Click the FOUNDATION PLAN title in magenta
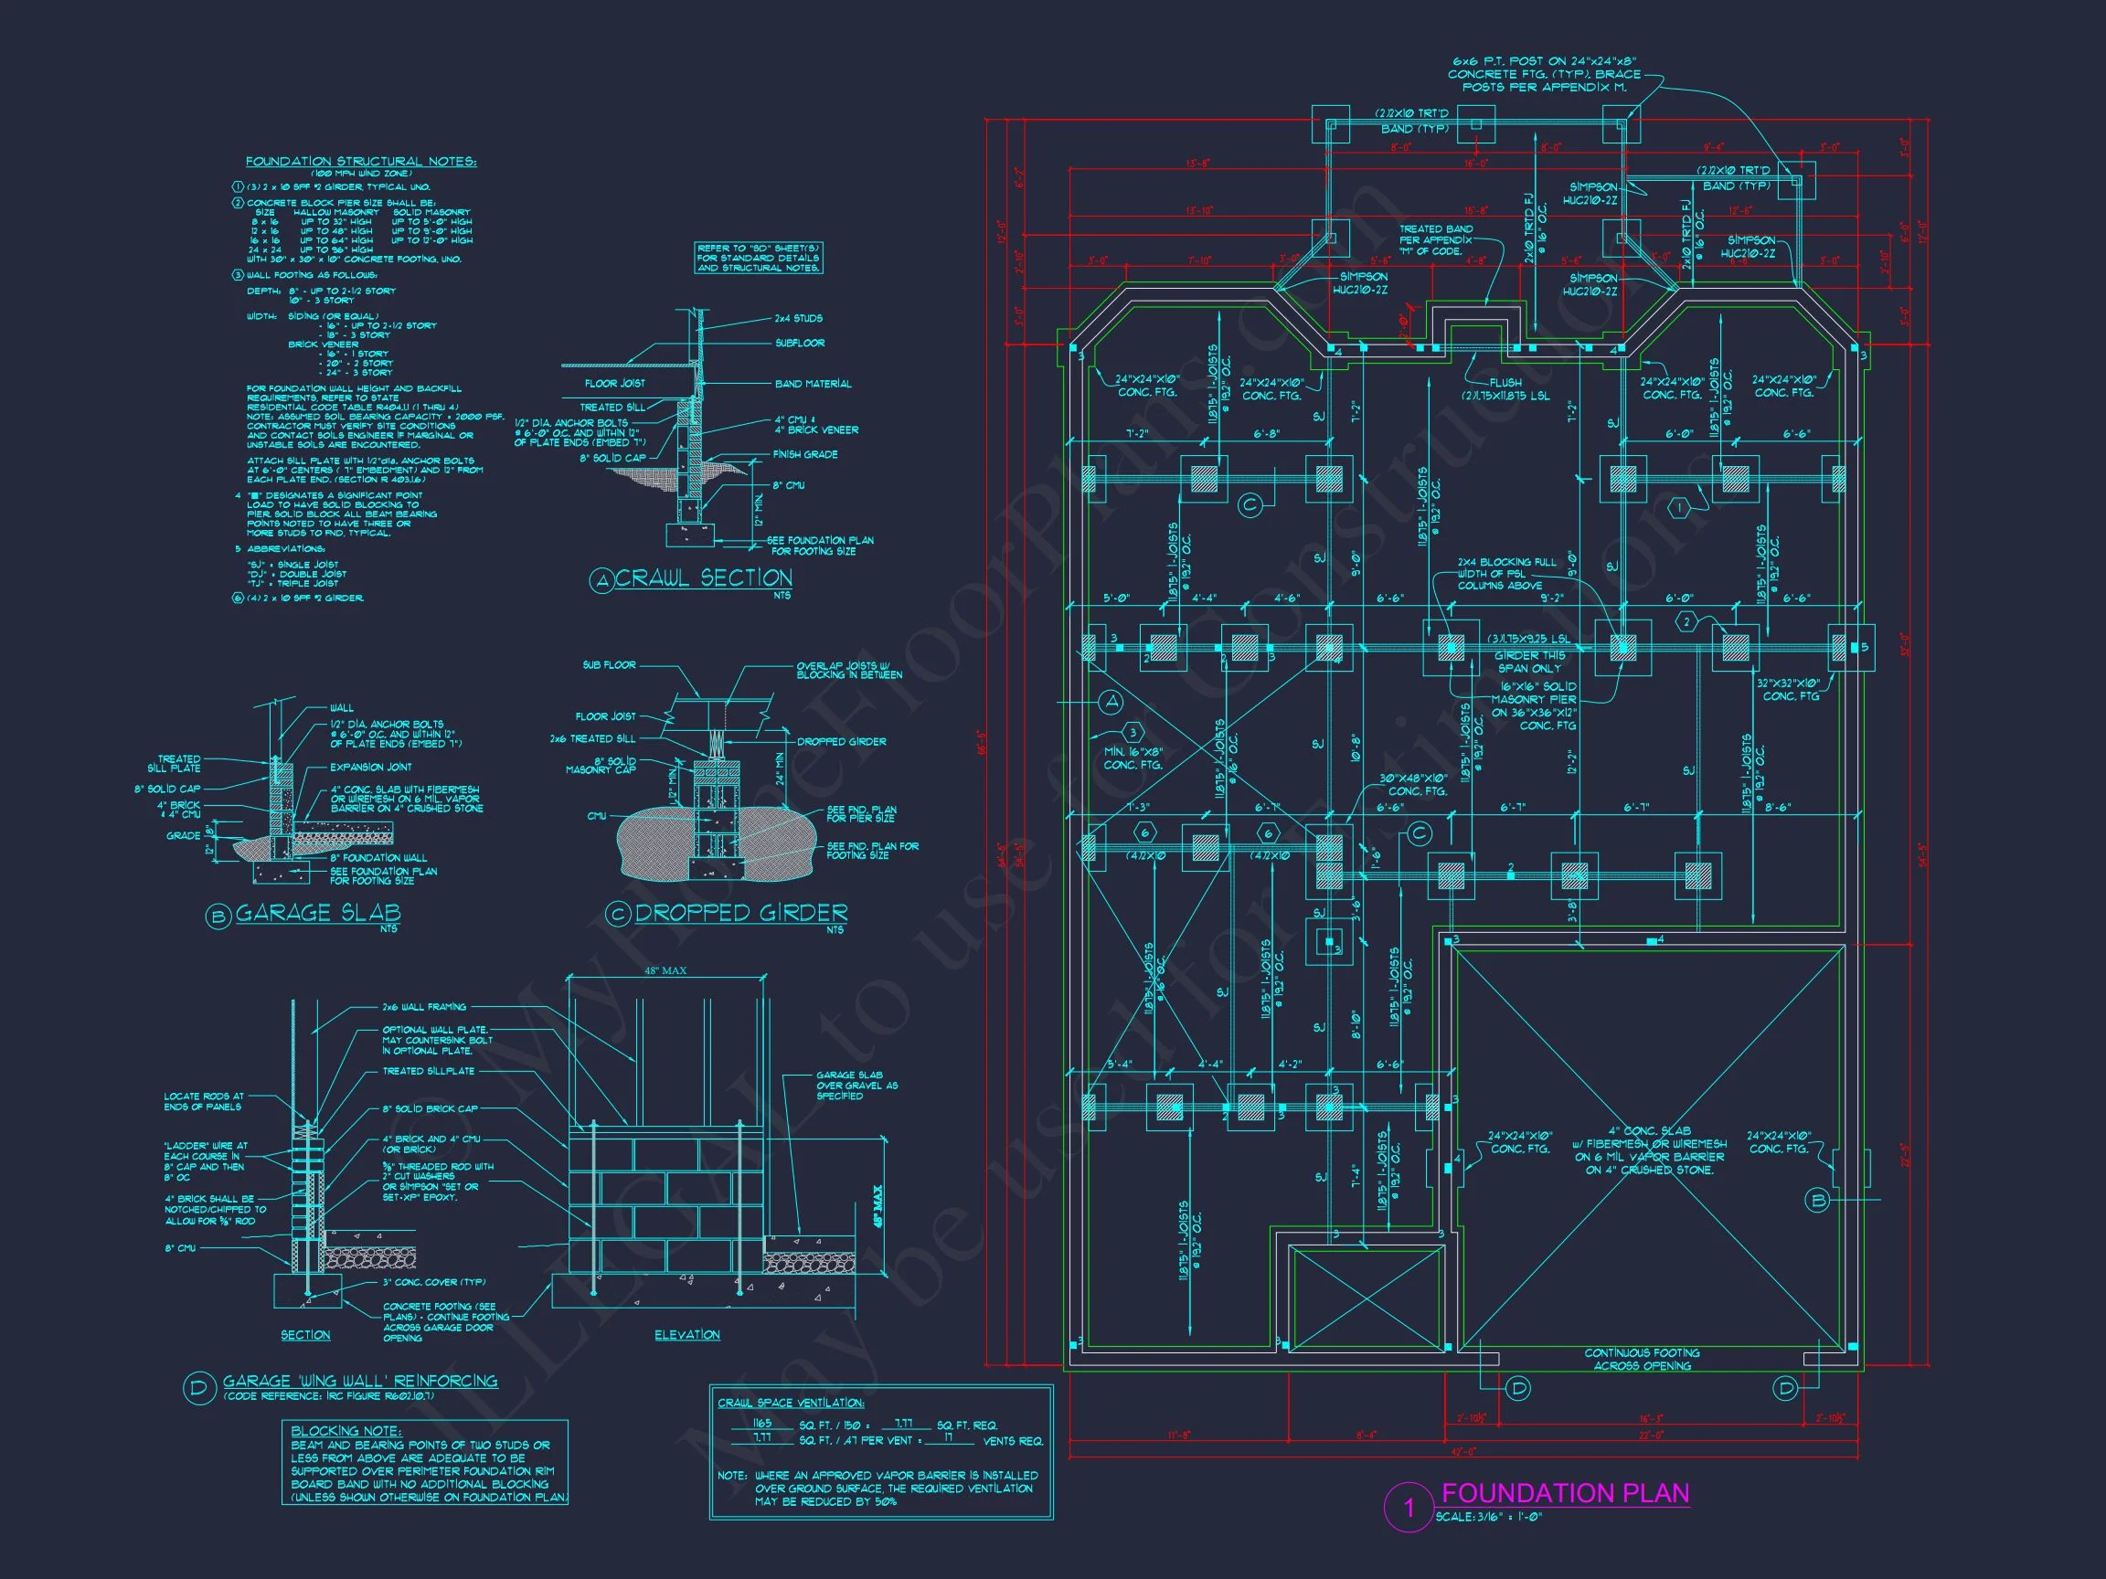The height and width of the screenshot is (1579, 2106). tap(1565, 1492)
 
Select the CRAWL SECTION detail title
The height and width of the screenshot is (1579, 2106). tap(703, 578)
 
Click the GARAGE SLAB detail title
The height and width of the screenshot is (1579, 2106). tap(317, 913)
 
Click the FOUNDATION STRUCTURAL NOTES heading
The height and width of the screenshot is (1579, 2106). tap(360, 162)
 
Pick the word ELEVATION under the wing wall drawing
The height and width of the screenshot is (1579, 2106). tap(686, 1335)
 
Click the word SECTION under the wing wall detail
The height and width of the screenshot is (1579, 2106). tap(304, 1335)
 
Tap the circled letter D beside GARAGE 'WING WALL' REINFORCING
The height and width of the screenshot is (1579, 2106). tap(198, 1388)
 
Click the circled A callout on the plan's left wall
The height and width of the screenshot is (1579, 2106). tap(1110, 703)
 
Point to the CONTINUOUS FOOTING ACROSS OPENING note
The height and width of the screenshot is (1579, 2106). tap(1642, 1359)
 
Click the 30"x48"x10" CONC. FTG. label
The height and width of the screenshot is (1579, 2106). tap(1418, 784)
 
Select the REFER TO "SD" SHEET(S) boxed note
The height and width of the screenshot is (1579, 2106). tap(758, 258)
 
